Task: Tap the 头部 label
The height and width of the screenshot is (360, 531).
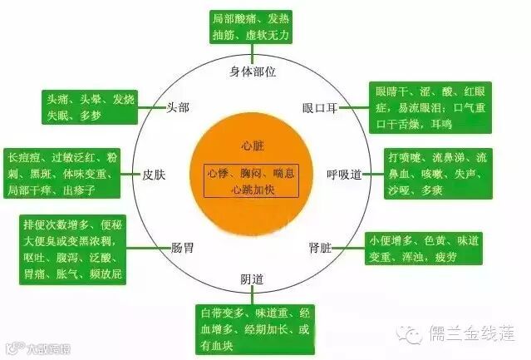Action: (x=178, y=107)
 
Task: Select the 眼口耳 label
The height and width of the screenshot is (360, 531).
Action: (x=319, y=108)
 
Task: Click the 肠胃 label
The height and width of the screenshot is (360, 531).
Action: (x=182, y=247)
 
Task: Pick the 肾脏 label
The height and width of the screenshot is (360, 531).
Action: (x=320, y=247)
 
